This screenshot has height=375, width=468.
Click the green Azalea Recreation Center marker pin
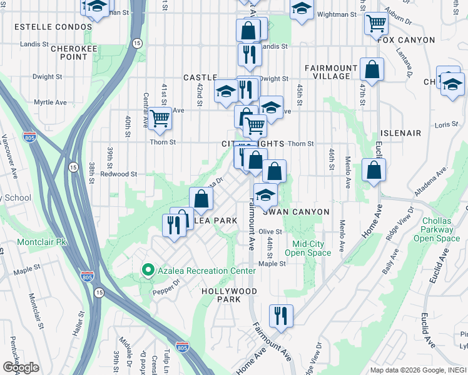(148, 271)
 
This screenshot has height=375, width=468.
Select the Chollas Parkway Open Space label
(437, 229)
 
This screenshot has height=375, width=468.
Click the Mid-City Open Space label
(308, 248)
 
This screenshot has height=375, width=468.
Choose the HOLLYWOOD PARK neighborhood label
(229, 296)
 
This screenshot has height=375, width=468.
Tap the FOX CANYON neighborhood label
(406, 40)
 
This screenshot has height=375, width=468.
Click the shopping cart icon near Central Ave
(161, 117)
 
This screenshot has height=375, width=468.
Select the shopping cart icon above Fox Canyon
(376, 23)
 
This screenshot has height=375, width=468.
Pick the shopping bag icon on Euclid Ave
(374, 169)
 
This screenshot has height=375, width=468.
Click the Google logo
(20, 367)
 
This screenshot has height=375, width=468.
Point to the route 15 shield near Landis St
(137, 43)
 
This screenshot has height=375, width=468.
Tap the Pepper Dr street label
(167, 282)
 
